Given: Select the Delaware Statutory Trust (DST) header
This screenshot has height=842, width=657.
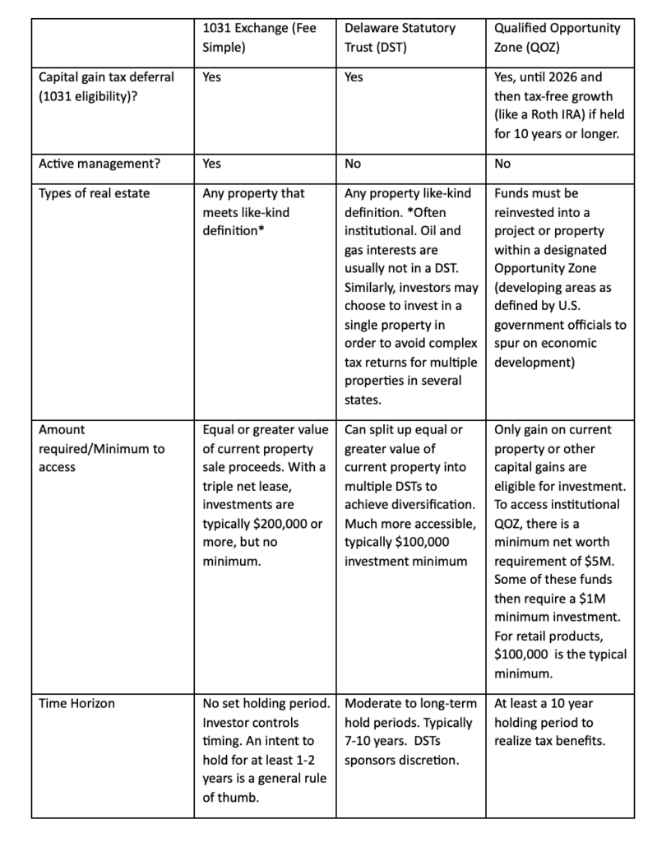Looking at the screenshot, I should click(x=400, y=38).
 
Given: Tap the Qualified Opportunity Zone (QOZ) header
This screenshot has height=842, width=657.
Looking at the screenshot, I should click(x=557, y=38).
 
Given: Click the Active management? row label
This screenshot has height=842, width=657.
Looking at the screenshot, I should click(x=99, y=164).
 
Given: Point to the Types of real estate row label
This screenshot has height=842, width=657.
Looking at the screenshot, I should click(x=95, y=193).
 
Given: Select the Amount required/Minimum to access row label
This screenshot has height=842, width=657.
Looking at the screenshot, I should click(x=102, y=448).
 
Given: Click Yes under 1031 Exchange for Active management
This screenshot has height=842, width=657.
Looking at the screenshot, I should click(x=211, y=164).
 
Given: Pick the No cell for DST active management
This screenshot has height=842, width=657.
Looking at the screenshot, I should click(x=353, y=164).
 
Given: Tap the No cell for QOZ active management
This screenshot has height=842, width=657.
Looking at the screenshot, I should click(x=502, y=164).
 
